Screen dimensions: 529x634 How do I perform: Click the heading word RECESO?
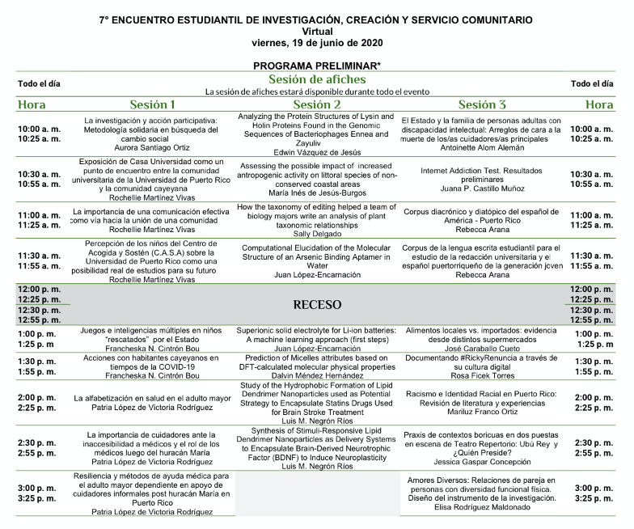point(317,305)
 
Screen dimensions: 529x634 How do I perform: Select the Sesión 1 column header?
point(152,104)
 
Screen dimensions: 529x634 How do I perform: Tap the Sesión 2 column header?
point(317,104)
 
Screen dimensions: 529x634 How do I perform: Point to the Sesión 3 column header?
point(482,104)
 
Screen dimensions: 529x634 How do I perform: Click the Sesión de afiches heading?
point(317,79)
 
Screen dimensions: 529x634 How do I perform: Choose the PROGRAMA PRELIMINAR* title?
point(317,65)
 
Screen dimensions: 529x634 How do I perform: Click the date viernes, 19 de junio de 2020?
point(317,42)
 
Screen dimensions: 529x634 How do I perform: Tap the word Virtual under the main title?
point(317,29)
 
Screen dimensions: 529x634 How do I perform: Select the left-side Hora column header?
point(32,104)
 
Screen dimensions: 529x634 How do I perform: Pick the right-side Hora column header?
point(599,104)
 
